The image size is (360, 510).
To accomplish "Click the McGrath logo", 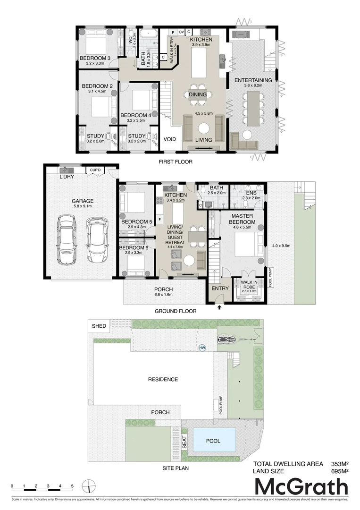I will pos(301,486).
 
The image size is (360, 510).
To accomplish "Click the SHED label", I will pos(99,326).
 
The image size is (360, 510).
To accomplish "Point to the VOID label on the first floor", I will pos(169,140).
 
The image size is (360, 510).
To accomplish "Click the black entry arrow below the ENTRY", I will pos(219,307).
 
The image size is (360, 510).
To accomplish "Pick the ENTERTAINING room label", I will pos(253,80).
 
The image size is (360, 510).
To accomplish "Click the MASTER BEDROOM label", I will pos(243,219).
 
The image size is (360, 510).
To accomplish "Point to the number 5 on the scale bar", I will pos(72,486).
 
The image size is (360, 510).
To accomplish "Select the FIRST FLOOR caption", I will pos(176,161).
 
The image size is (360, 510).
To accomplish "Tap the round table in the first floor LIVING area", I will pos(204,128).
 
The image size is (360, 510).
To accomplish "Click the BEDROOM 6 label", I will pos(134,247).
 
